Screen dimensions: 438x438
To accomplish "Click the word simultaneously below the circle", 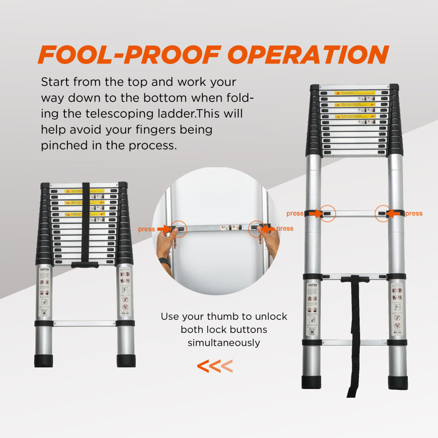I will pos(224,343).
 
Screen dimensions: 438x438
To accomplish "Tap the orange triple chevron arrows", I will pos(215,366).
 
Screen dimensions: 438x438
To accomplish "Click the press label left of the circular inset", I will pos(146,229).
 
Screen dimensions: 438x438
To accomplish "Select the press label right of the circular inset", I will pos(285,229).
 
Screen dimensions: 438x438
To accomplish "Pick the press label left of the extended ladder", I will pos(295,214).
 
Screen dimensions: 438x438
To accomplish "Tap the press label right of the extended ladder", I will pos(414,214).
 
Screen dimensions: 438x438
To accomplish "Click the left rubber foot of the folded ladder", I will pos(43,360).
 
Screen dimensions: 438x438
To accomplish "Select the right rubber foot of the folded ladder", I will pos(126,360).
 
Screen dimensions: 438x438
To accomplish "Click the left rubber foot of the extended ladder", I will pos(311,382).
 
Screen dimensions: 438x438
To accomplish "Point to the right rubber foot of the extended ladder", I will pos(398,382).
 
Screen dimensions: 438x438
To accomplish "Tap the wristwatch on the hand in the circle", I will pos(165,262).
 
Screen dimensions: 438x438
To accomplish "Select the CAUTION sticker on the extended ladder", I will pos(312,285).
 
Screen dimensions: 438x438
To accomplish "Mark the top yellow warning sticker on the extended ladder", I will pos(355,93).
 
